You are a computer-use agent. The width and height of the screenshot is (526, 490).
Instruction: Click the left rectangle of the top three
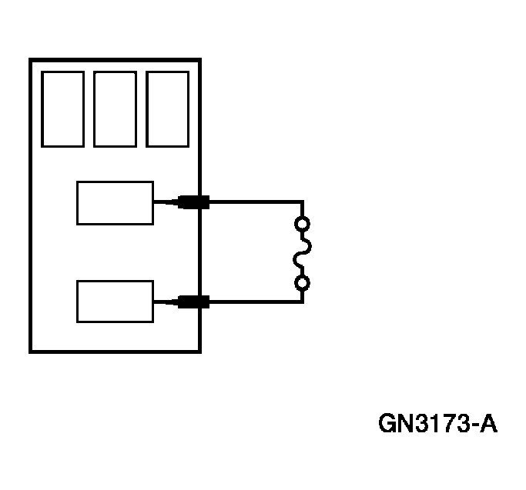[62, 108]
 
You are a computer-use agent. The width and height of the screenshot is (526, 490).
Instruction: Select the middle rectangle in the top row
[115, 108]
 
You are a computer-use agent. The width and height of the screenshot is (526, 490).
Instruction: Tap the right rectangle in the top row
[167, 108]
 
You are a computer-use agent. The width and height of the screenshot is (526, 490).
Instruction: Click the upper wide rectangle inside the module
[115, 203]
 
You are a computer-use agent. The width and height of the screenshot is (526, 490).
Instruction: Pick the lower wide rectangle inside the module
[115, 302]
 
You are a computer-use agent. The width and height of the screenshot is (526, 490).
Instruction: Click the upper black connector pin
[193, 203]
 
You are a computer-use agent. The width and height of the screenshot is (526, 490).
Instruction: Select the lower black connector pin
[193, 302]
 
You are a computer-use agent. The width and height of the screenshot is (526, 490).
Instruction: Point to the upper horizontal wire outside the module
[254, 203]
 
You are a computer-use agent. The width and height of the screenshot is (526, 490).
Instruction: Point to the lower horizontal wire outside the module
[254, 302]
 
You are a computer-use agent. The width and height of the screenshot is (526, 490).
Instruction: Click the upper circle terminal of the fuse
[303, 225]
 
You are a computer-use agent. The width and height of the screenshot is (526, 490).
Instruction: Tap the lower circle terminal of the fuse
[303, 284]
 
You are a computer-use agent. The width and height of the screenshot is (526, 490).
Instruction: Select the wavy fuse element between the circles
[303, 254]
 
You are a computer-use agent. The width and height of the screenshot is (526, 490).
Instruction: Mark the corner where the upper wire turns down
[303, 203]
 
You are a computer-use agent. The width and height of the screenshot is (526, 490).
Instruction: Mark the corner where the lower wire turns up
[303, 302]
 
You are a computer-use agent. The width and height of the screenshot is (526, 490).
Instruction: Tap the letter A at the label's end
[488, 424]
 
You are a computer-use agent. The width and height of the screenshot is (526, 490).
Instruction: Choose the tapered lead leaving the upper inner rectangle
[165, 203]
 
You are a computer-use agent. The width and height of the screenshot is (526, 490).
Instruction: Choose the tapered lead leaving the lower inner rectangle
[165, 302]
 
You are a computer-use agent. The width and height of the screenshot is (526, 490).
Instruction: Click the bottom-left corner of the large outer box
[31, 352]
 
